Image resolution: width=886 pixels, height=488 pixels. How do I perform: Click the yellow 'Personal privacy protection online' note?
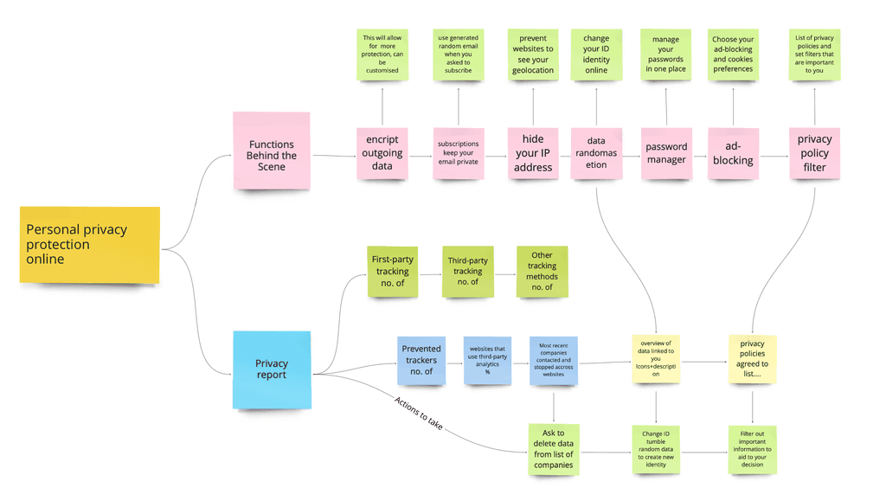tap(90, 245)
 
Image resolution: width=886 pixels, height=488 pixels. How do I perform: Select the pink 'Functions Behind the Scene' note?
tap(271, 151)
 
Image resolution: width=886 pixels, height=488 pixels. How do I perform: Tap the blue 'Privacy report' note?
tap(272, 369)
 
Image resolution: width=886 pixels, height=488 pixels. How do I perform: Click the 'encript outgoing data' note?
tap(382, 153)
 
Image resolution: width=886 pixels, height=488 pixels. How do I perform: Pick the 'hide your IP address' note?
tap(533, 153)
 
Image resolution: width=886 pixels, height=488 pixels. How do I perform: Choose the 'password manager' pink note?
tap(666, 153)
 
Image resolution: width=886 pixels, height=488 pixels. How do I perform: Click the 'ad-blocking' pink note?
tap(733, 153)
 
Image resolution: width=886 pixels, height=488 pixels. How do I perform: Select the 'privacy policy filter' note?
tap(814, 153)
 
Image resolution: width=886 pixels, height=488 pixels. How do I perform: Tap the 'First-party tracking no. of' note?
tap(392, 272)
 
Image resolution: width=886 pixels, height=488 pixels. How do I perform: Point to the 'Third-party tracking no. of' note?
tap(468, 272)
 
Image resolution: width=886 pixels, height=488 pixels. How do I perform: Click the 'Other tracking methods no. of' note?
tap(542, 272)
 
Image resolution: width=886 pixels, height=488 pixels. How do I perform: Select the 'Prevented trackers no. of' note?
tap(421, 360)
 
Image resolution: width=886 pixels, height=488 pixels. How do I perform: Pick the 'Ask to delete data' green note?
tap(554, 449)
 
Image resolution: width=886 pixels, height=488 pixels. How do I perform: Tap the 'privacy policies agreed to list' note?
tap(752, 359)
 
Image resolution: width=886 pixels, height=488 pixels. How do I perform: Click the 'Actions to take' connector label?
tap(419, 414)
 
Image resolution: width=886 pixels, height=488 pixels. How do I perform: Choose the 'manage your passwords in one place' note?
tap(665, 55)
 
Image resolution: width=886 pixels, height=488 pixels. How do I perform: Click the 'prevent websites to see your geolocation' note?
tap(533, 55)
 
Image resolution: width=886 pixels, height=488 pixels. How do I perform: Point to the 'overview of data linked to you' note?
tap(656, 359)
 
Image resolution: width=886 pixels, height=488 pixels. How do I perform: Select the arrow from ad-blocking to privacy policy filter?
tap(774, 157)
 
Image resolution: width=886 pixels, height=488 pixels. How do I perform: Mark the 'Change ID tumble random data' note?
tap(656, 450)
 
